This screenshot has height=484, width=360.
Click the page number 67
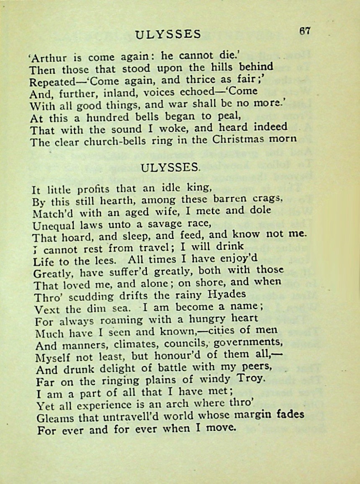pyautogui.click(x=305, y=31)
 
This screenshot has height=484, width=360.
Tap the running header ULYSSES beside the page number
pyautogui.click(x=169, y=34)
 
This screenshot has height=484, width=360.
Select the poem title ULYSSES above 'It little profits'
pyautogui.click(x=170, y=167)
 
